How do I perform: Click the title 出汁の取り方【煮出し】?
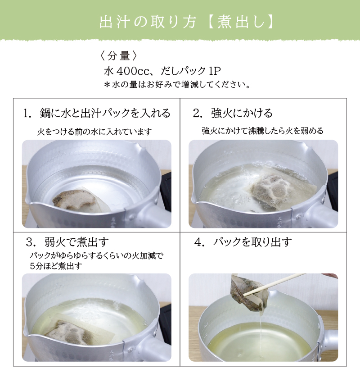pos(187,22)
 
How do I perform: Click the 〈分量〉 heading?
pos(118,56)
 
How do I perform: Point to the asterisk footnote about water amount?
pos(177,85)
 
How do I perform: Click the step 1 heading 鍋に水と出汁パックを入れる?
pos(97,113)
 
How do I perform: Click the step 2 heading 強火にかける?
pos(233,113)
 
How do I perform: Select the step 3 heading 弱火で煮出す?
pos(67,242)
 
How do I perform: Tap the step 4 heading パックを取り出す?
pos(243,242)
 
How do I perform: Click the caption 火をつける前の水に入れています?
pos(94,132)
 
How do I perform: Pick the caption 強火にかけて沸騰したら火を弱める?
pos(262,131)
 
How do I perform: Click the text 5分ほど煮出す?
pos(56,266)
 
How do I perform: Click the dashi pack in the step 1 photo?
pos(80,200)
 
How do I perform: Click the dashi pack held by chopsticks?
pos(248,292)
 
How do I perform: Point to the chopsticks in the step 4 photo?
pos(274,284)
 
